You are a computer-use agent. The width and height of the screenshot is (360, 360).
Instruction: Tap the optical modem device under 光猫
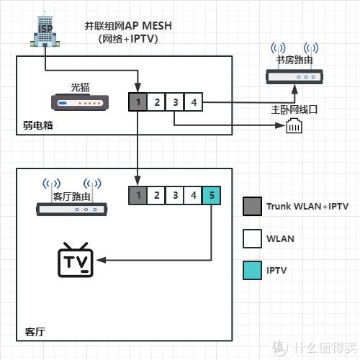tap(80, 102)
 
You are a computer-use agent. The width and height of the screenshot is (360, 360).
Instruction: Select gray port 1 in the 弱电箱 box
tap(138, 102)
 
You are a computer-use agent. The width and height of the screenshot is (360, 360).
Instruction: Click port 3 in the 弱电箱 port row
tap(175, 102)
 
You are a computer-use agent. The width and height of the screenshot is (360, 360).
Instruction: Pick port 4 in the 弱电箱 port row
tap(194, 102)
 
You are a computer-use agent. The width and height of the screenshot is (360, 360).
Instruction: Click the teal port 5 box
tap(212, 195)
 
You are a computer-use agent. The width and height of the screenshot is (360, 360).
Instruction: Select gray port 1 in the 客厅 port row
tap(138, 195)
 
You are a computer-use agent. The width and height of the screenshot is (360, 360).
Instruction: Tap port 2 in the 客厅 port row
tap(156, 195)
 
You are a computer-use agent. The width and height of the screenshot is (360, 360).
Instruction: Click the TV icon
tap(76, 260)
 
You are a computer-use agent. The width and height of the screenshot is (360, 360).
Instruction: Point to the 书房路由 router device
tap(294, 76)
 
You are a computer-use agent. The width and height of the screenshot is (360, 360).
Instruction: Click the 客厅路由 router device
tap(71, 210)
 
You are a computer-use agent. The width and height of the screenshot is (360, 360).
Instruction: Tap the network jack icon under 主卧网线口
tap(294, 125)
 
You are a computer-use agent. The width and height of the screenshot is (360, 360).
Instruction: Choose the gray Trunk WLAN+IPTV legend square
tap(252, 206)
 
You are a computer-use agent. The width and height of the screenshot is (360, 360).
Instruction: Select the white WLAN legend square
tap(252, 238)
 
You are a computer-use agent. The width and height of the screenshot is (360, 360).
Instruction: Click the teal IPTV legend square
tap(252, 271)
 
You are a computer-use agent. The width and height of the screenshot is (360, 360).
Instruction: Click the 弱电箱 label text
tap(38, 125)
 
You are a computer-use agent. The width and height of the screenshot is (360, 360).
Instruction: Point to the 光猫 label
tap(80, 87)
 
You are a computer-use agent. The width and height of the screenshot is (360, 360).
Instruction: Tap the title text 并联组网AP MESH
tap(128, 26)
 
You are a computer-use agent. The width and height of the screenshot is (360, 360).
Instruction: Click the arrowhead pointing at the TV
tap(102, 260)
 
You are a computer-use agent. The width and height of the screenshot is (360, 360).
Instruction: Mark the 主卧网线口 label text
tap(294, 109)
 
